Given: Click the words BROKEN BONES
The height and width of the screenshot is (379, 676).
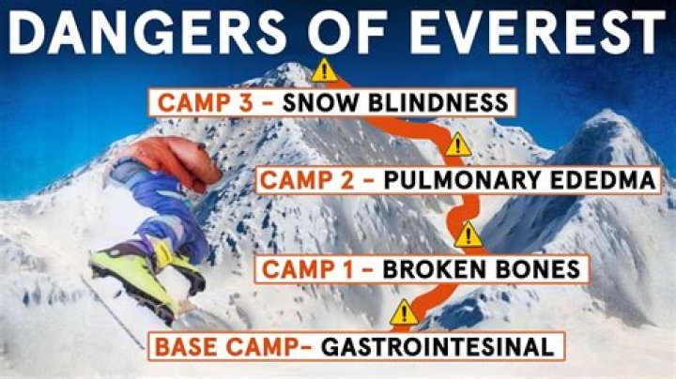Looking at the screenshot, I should [485, 270].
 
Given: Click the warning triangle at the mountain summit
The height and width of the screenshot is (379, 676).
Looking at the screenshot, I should [325, 68].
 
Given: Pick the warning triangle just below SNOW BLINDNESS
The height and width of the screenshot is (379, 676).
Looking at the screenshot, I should [457, 144].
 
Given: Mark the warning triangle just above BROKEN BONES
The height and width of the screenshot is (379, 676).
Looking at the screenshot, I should [467, 235].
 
